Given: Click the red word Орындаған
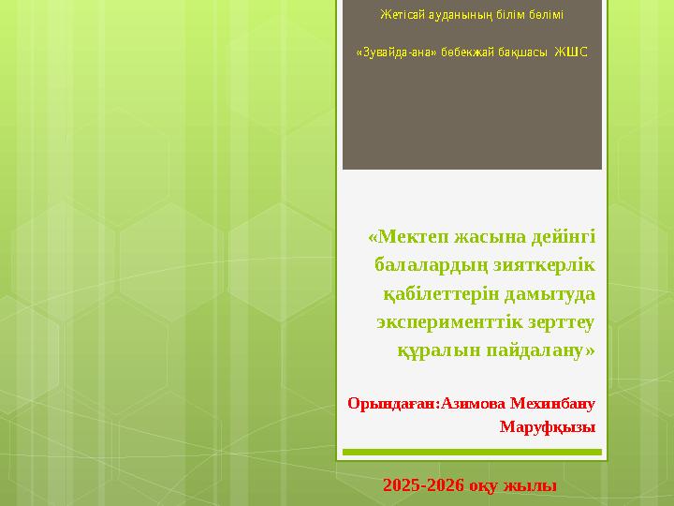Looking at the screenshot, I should coord(388,404).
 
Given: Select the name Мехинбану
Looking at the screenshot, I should coord(553,404).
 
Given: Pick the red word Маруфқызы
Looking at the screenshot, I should coord(548,427).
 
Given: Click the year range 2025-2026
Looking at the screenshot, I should coord(424,485).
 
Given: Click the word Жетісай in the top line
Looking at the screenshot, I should coord(401,16).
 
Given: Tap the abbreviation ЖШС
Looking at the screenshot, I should coord(572,51).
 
